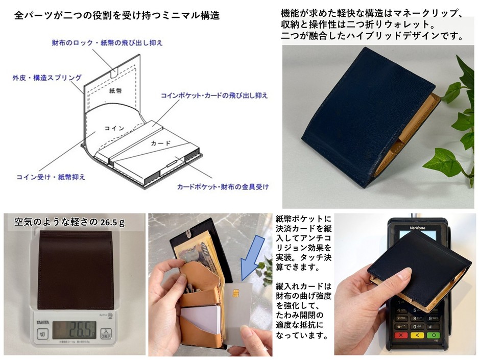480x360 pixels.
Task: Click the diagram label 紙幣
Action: coord(115,90)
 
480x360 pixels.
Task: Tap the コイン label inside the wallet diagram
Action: coord(114,128)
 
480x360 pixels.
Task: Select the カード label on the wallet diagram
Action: coord(160,143)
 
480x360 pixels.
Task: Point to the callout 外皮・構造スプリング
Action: coord(47,78)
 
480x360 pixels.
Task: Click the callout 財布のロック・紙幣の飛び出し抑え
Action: coord(107,42)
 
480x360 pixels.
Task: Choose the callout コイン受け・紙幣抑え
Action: coord(51,177)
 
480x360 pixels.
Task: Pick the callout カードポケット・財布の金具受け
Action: coord(223,186)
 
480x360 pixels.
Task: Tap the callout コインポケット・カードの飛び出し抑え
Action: coord(214,95)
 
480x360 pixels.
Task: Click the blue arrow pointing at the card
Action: coord(252,259)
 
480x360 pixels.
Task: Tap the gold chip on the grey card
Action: coord(236,293)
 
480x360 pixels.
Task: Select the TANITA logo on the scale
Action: coord(43,322)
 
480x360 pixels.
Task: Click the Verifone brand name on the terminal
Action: coord(418,228)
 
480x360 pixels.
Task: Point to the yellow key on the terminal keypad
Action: coord(417,335)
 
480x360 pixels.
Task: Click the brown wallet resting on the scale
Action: coord(76,270)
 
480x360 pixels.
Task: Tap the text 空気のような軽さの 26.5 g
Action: coord(69,222)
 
